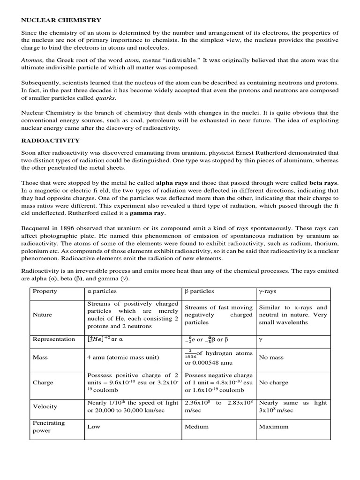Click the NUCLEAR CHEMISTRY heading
pyautogui.click(x=61, y=20)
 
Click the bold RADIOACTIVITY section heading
pyautogui.click(x=51, y=140)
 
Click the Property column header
pyautogui.click(x=45, y=291)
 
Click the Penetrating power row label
pyautogui.click(x=49, y=427)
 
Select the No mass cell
pyautogui.click(x=271, y=357)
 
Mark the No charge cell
pyautogui.click(x=274, y=382)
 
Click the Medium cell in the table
pyautogui.click(x=197, y=427)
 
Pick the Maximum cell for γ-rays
pyautogui.click(x=274, y=427)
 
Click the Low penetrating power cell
pyautogui.click(x=94, y=427)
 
